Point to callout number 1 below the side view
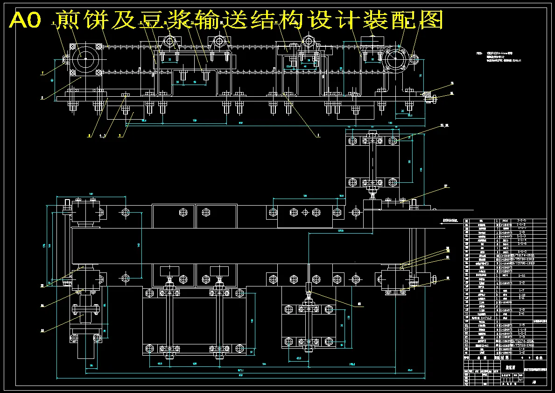click(318, 135)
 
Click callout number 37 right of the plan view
click(445, 186)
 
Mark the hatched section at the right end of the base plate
click(427, 93)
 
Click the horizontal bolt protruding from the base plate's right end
click(435, 98)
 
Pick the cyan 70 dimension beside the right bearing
click(421, 75)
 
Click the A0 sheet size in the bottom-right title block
click(534, 382)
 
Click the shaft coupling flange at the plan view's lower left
click(84, 310)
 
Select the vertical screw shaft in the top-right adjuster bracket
click(372, 161)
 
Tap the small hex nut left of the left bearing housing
click(66, 59)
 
